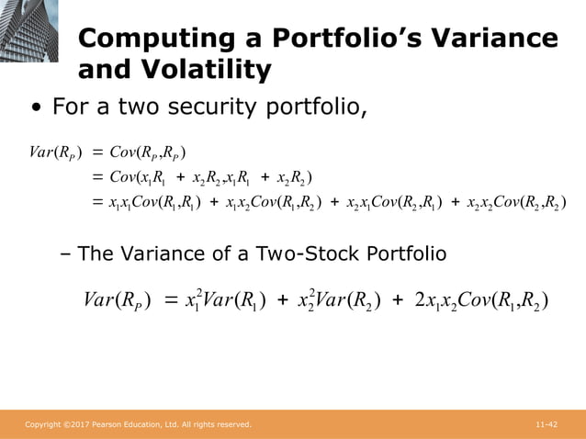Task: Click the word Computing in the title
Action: click(146, 39)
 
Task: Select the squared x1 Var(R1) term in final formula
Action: click(224, 299)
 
